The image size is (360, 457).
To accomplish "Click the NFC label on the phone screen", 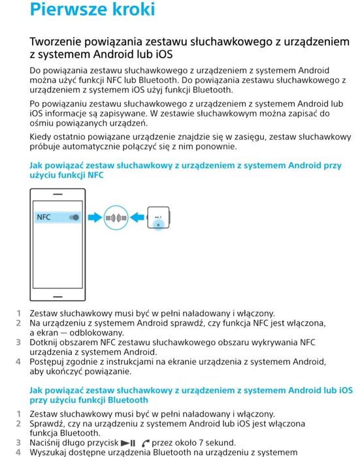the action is pos(44,216).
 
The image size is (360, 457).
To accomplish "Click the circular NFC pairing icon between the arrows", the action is pos(118,217).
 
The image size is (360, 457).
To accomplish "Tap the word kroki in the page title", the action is pos(134,10).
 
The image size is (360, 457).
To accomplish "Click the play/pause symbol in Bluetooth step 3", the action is pos(128,443).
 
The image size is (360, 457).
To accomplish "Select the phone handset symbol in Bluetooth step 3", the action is pos(146,443).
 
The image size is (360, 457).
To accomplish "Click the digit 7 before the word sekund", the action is pos(199,443).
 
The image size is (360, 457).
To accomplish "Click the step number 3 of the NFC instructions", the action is pos(18,342).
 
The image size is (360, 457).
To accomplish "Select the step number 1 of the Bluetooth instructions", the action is pos(18,414).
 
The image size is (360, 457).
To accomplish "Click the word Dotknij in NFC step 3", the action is pos(46,342).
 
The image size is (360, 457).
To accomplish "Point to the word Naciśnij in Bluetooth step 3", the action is pos(49,443).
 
